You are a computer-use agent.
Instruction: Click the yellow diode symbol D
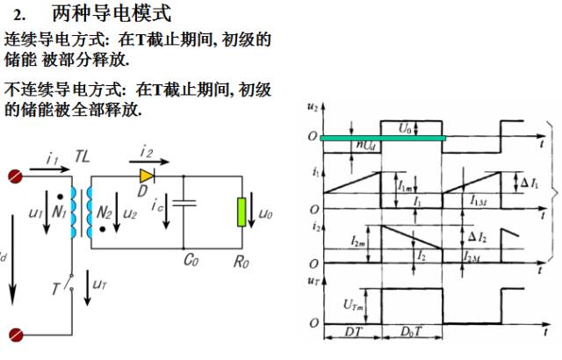(x=147, y=176)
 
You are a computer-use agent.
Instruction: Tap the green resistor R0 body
(x=241, y=212)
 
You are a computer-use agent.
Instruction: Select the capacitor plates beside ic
(x=184, y=203)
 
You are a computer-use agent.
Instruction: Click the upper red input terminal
(x=16, y=176)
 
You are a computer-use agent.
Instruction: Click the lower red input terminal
(x=16, y=335)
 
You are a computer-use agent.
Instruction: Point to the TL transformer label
(x=83, y=157)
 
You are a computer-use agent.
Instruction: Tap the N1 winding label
(x=59, y=212)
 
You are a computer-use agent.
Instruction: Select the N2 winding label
(x=104, y=212)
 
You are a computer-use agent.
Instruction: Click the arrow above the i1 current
(x=49, y=169)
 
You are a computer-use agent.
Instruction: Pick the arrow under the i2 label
(x=149, y=162)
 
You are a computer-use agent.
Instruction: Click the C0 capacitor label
(x=191, y=260)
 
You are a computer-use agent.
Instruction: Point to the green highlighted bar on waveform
(x=383, y=138)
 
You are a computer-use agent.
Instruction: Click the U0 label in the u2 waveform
(x=405, y=128)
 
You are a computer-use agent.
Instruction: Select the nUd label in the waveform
(x=365, y=145)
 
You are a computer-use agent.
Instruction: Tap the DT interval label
(x=353, y=331)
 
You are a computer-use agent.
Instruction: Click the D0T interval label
(x=411, y=331)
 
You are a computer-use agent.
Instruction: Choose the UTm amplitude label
(x=353, y=306)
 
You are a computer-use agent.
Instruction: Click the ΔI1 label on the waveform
(x=530, y=183)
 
